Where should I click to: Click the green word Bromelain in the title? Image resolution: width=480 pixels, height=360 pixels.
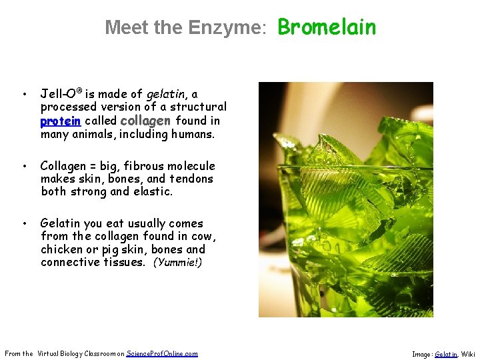coord(327,27)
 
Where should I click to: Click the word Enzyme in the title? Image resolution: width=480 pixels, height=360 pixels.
coord(227,27)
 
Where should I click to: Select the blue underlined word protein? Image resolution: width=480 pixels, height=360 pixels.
coord(61,121)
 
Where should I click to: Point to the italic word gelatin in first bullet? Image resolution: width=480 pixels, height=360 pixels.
coord(165,94)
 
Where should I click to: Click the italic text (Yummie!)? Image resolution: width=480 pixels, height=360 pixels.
coord(177,263)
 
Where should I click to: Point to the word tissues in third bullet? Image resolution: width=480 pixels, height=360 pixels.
coord(121,262)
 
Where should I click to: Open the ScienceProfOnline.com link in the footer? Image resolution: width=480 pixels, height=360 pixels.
coord(162,353)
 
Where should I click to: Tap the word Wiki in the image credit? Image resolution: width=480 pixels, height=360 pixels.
coord(468,354)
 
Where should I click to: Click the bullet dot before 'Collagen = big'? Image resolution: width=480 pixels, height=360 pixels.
coord(23,166)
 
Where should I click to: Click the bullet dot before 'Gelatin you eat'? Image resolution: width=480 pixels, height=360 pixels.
coord(23,223)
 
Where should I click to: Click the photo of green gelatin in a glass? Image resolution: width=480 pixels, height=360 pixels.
coord(345,199)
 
